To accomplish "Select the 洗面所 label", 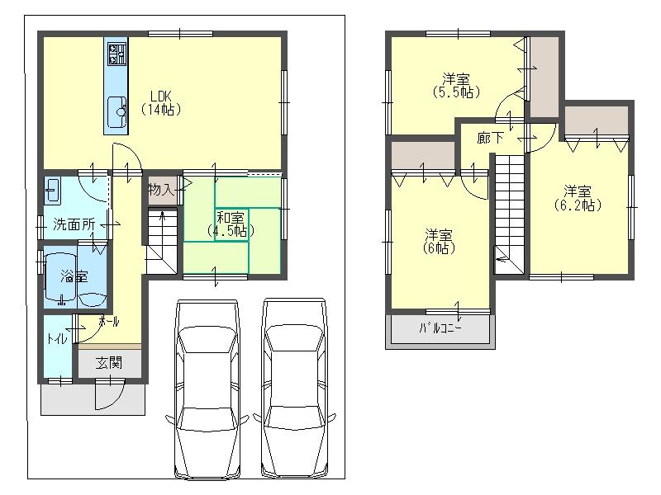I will pyautogui.click(x=74, y=224).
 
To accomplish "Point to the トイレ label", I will pyautogui.click(x=56, y=338).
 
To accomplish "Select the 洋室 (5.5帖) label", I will pyautogui.click(x=455, y=86).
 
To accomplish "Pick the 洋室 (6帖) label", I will pyautogui.click(x=440, y=240).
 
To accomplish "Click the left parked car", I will pyautogui.click(x=207, y=388).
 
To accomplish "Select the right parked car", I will pyautogui.click(x=294, y=388).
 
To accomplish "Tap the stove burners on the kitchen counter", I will pyautogui.click(x=116, y=54).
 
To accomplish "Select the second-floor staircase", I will pyautogui.click(x=509, y=210).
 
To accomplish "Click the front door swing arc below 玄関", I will pyautogui.click(x=108, y=394).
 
